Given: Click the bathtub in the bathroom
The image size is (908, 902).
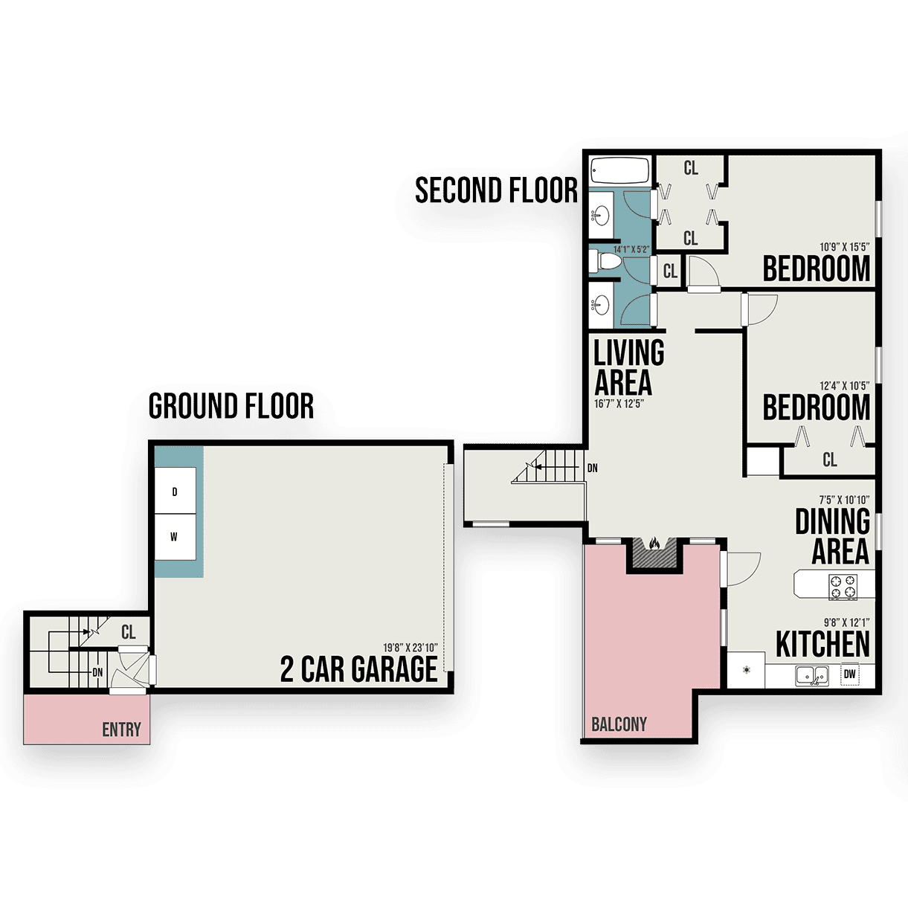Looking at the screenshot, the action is tap(620, 170).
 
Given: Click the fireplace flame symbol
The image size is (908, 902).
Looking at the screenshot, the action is tap(654, 544).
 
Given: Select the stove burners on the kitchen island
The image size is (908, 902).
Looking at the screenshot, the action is tap(843, 587).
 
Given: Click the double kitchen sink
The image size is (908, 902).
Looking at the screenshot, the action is tap(812, 676).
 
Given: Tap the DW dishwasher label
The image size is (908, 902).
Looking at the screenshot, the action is tap(849, 674).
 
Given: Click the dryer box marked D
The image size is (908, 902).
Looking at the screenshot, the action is tap(175, 491).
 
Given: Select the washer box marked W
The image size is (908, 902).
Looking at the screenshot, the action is tap(175, 537).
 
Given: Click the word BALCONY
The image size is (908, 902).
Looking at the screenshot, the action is tap(619, 724).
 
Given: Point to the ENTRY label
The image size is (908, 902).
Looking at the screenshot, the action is tap(121, 729).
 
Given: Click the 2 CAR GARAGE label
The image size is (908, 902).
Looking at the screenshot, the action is tap(358, 669).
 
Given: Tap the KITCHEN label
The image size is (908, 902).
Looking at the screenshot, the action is tap(822, 644).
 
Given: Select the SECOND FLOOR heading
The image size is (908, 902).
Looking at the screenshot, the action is tap(496, 190).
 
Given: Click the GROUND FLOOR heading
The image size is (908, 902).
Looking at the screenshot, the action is tap(231, 406).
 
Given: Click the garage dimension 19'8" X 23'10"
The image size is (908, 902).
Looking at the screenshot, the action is tap(410, 648).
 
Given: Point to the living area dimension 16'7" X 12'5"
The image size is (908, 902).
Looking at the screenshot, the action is tap(619, 403).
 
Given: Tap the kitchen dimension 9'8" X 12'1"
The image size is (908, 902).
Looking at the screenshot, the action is tap(846, 622).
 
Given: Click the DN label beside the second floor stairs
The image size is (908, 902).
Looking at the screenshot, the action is tap(592, 468).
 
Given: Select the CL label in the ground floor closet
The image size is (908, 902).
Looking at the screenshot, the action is tap(129, 632).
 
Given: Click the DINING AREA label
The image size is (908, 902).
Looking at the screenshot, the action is tap(833, 536).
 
